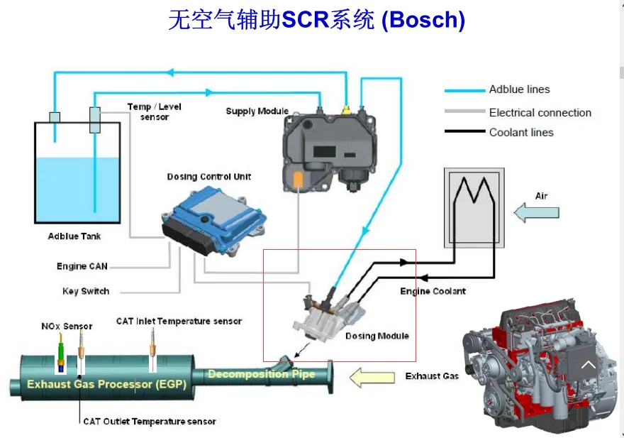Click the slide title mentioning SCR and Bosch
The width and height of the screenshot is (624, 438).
pyautogui.click(x=316, y=19)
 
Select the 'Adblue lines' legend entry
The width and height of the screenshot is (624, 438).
pyautogui.click(x=519, y=89)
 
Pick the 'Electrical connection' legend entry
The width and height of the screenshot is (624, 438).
pyautogui.click(x=540, y=112)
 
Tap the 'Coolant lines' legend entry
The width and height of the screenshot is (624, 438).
pyautogui.click(x=521, y=132)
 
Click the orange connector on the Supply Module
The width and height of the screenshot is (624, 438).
pyautogui.click(x=299, y=180)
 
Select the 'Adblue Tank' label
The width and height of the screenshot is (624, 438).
pyautogui.click(x=74, y=236)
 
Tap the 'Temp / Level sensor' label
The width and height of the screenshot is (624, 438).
pyautogui.click(x=154, y=111)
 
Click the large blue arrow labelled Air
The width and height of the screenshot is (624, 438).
pyautogui.click(x=537, y=212)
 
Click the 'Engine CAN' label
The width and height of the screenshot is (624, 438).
pyautogui.click(x=82, y=266)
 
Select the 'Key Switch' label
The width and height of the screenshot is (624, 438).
pyautogui.click(x=86, y=291)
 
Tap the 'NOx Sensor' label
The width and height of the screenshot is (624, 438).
pyautogui.click(x=67, y=327)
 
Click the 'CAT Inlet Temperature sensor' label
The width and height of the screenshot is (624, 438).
pyautogui.click(x=179, y=321)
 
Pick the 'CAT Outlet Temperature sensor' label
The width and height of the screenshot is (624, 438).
pyautogui.click(x=149, y=421)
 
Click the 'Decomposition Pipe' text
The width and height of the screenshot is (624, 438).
pyautogui.click(x=261, y=374)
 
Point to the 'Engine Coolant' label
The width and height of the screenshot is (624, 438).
pyautogui.click(x=433, y=291)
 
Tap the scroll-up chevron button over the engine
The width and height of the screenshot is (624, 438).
pyautogui.click(x=587, y=366)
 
